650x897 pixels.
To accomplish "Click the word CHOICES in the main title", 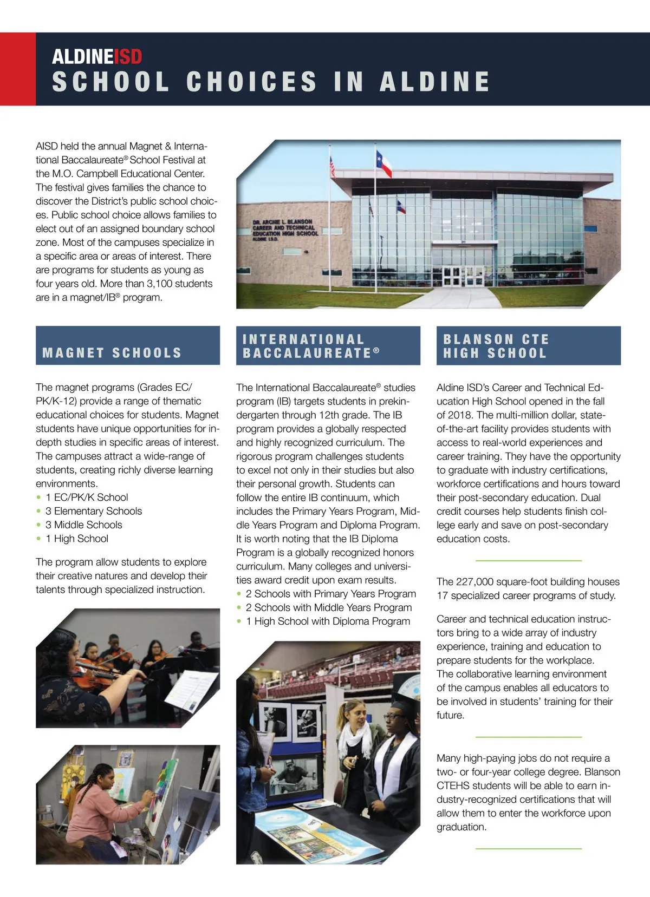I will coord(252,82).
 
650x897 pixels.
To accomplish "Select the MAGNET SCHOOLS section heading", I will coord(112,353).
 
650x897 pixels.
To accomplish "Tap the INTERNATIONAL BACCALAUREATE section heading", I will coord(311,346).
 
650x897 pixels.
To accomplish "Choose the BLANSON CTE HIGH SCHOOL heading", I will coord(496,346).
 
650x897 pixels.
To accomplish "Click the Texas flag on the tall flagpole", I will coord(384,163).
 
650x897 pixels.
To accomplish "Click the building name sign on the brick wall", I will coord(285,230).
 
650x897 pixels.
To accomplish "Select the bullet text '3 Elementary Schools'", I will coord(94,511).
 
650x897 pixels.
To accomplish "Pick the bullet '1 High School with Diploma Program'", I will coord(328,621).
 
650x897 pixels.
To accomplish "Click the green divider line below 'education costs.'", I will coord(528,560).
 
